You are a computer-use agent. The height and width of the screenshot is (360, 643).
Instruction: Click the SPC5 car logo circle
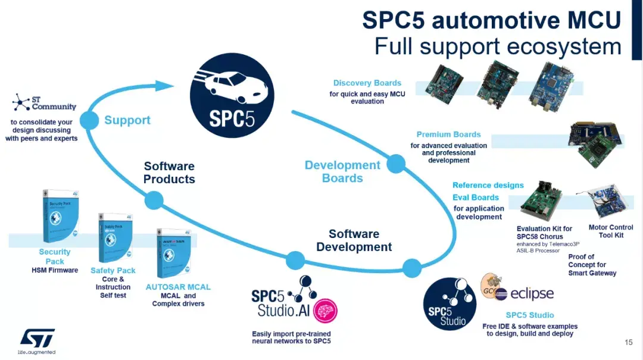point(232,95)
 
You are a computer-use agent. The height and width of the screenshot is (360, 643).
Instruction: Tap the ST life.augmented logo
point(37,340)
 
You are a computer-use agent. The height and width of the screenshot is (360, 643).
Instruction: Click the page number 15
point(629,342)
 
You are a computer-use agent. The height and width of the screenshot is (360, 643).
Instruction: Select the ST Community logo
point(44,102)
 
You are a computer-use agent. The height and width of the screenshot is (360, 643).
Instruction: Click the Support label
point(127,120)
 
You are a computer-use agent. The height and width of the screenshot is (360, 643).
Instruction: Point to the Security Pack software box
point(61,215)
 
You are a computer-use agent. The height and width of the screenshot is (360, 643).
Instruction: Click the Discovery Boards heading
point(367,83)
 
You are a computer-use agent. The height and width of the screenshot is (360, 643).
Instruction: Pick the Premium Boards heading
point(448,134)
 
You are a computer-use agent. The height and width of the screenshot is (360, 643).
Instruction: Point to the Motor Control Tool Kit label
point(610,231)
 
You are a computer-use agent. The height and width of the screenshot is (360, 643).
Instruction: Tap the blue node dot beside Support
point(89,120)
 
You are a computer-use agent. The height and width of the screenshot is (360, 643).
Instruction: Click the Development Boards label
point(342,171)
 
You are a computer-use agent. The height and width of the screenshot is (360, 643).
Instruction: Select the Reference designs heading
point(488,185)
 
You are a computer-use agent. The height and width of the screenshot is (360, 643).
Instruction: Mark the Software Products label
point(169,173)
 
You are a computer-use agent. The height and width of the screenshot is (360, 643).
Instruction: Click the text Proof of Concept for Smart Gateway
point(592,265)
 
